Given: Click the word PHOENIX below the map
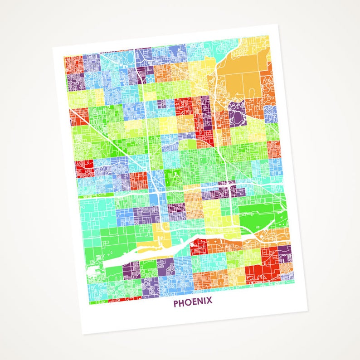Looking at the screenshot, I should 192,302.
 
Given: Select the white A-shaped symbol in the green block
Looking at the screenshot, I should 174,173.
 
